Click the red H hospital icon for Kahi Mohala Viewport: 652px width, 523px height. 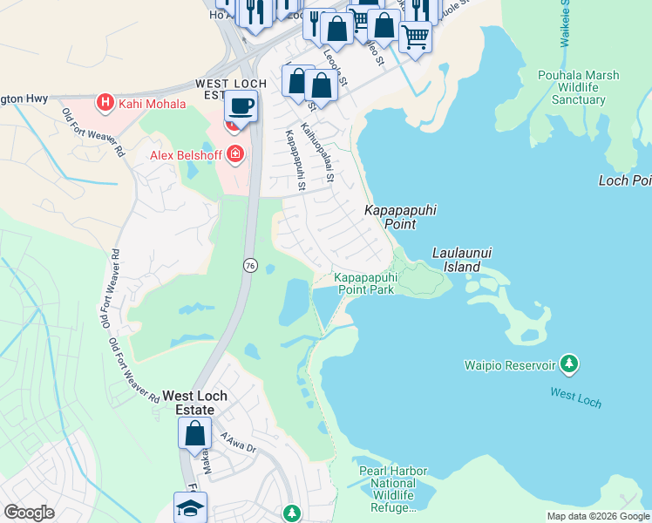click(x=105, y=104)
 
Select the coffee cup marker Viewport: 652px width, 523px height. click(x=240, y=107)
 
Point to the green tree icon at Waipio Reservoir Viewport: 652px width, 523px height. click(x=568, y=362)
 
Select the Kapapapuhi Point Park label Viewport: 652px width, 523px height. click(x=364, y=284)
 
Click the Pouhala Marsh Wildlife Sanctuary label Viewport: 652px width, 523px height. click(x=578, y=87)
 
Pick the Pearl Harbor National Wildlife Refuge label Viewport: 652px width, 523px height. click(x=393, y=489)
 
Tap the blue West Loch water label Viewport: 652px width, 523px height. click(x=575, y=397)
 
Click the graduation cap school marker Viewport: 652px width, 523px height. click(x=190, y=508)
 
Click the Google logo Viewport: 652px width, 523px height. click(x=29, y=513)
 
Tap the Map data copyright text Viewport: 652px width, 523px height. click(x=597, y=516)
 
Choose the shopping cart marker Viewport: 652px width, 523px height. click(x=415, y=37)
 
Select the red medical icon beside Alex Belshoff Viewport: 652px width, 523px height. click(x=235, y=155)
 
